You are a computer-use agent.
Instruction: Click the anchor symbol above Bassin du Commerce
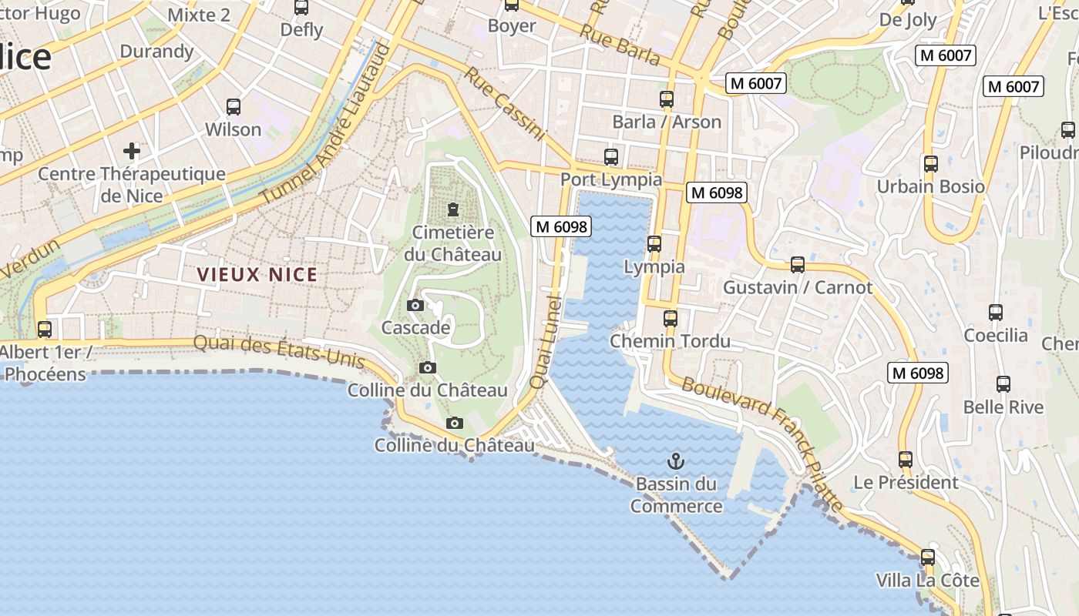(675, 461)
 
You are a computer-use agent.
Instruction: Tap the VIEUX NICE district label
(257, 275)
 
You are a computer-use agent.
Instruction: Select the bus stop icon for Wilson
(234, 107)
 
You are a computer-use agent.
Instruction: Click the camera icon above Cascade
(415, 306)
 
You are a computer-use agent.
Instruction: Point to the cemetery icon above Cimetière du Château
(452, 209)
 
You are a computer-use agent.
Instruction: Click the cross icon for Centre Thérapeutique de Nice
(132, 150)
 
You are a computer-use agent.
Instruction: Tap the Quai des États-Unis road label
(278, 351)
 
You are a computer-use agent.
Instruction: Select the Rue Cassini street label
(505, 104)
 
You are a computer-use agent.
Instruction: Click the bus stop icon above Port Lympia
(611, 157)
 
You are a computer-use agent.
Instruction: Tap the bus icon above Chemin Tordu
(671, 318)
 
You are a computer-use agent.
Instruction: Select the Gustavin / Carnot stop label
(798, 288)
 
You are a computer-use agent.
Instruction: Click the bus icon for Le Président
(906, 460)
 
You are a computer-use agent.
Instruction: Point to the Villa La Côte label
(927, 580)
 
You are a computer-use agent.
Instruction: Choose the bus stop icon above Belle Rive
(1003, 384)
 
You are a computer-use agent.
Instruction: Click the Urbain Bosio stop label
(931, 186)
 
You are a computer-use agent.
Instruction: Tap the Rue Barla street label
(620, 45)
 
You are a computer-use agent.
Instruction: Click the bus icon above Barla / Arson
(667, 99)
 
